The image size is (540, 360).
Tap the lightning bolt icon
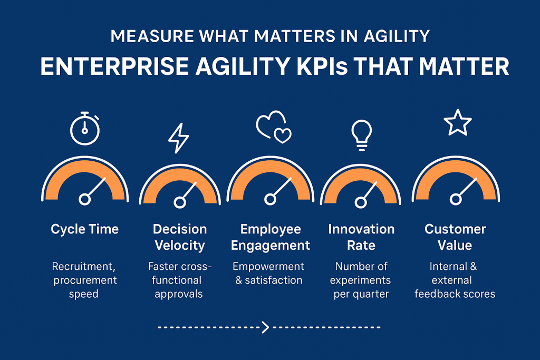(x=178, y=138)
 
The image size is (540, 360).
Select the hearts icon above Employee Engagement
(x=274, y=127)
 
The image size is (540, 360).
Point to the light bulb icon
(x=361, y=135)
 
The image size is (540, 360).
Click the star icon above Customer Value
(x=458, y=122)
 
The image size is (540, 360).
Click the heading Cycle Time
(x=85, y=229)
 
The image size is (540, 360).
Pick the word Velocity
(x=180, y=246)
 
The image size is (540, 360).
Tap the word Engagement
(x=271, y=246)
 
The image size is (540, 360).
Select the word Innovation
(x=361, y=229)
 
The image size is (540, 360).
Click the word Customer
(x=455, y=229)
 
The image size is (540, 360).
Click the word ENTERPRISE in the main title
(x=114, y=66)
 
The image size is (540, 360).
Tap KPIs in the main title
(x=322, y=66)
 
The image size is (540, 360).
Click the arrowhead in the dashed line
(x=265, y=327)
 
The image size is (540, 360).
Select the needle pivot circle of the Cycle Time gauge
(x=84, y=199)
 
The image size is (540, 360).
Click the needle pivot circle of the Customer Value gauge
(x=455, y=199)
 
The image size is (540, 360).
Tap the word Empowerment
(x=268, y=266)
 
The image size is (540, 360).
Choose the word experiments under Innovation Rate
(x=360, y=280)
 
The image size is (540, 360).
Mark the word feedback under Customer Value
(x=436, y=294)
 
